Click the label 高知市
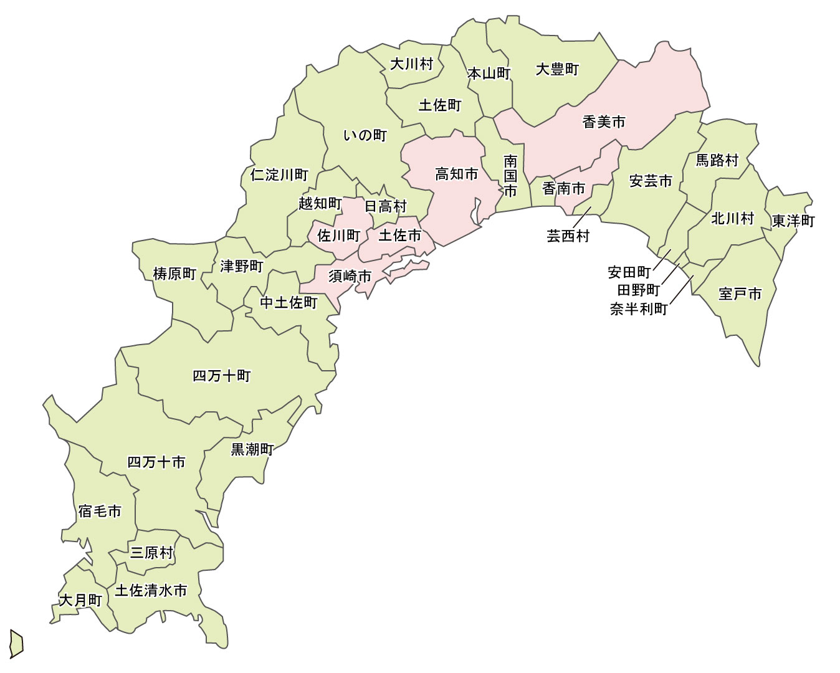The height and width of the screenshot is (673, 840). [x=456, y=174]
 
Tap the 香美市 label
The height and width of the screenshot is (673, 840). [x=603, y=122]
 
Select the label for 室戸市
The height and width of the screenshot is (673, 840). [x=740, y=294]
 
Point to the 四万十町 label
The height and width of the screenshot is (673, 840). [x=221, y=376]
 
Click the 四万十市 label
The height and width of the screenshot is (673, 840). [x=156, y=462]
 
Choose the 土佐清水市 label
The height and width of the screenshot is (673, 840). [x=151, y=590]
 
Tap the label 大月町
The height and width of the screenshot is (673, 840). [x=80, y=600]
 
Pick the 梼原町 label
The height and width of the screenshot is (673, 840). [x=174, y=274]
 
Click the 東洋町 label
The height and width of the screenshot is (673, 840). [x=793, y=221]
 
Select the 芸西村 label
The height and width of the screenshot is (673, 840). [x=568, y=236]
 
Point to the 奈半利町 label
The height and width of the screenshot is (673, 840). [x=639, y=309]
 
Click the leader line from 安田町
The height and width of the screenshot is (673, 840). [x=662, y=260]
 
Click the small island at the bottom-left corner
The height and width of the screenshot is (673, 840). [x=16, y=643]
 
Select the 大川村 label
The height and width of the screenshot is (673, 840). [x=411, y=64]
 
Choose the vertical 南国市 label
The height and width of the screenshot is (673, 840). [x=510, y=176]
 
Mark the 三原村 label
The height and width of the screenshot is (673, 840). [x=151, y=552]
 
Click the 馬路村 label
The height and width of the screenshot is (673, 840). [x=717, y=161]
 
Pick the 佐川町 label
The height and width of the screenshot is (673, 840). [x=339, y=236]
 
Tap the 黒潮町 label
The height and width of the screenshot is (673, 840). [x=252, y=449]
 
